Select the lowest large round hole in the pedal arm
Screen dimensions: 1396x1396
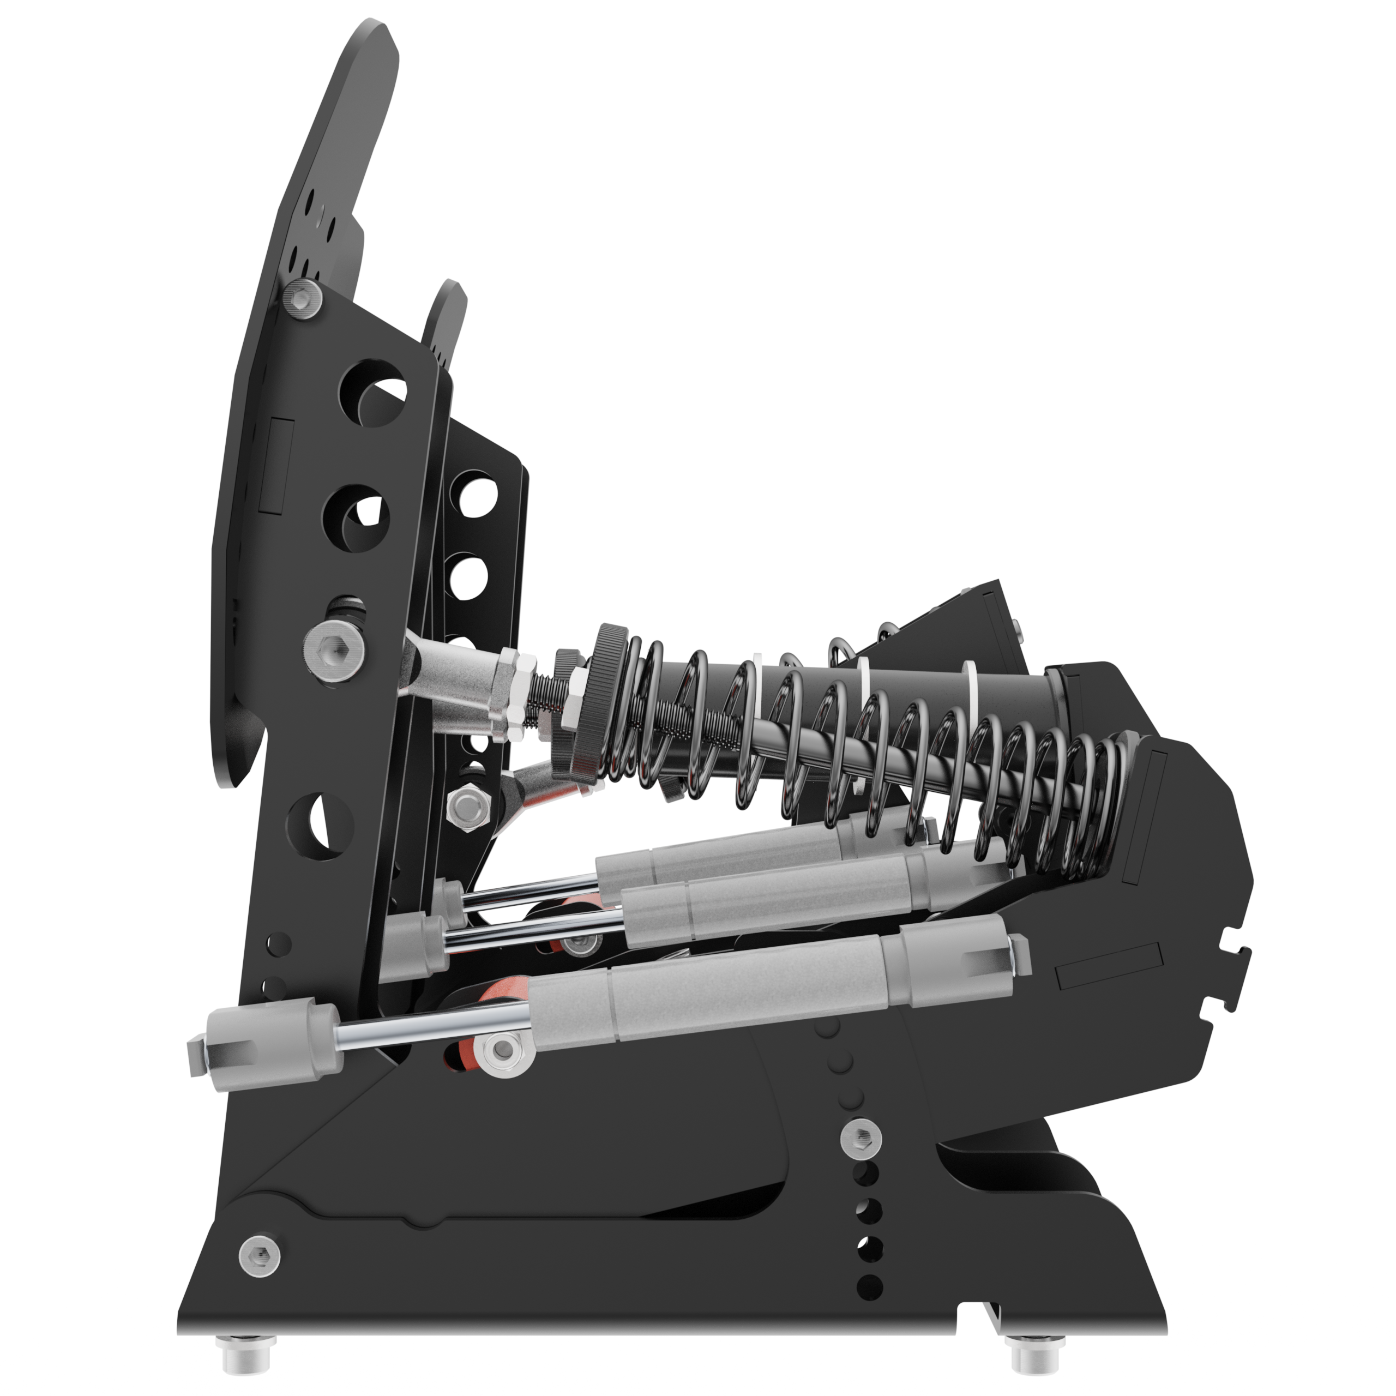(x=320, y=826)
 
